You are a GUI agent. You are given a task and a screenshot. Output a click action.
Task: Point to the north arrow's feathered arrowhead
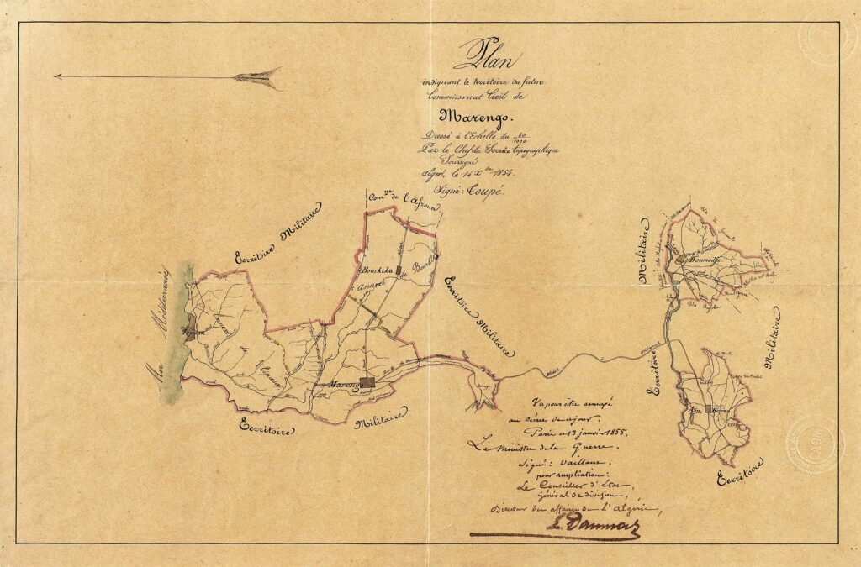256,76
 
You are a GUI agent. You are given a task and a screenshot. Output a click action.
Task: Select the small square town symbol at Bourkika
400,270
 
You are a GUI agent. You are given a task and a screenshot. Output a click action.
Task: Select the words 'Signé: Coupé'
483,192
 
